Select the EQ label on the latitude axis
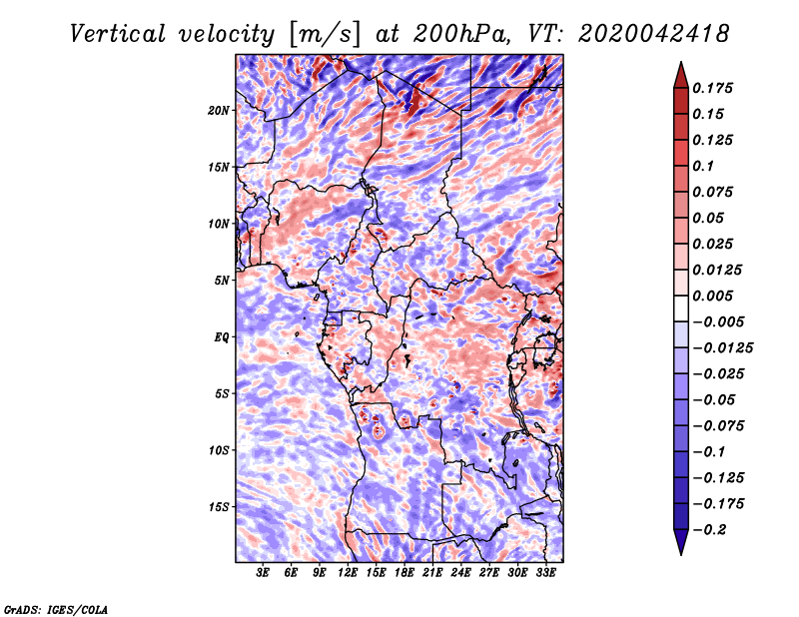pos(222,336)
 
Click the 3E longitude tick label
pos(264,574)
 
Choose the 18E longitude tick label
pos(404,574)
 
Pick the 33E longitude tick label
pos(545,574)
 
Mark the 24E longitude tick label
pos(460,574)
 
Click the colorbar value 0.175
pos(715,88)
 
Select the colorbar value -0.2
pos(710,530)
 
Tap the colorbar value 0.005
pos(715,296)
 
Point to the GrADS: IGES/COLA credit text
pos(55,608)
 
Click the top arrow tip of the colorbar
pos(680,65)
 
